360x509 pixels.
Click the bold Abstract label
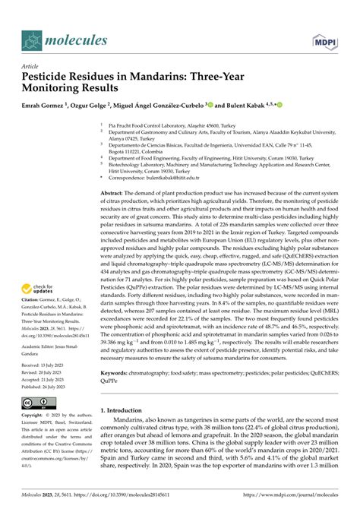point(114,194)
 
